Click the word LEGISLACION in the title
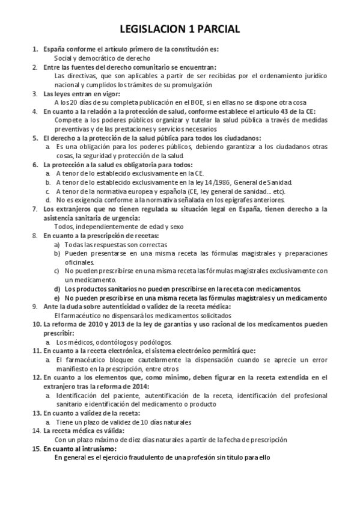[x=154, y=29]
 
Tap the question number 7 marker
[x=35, y=209]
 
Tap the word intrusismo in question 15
[x=97, y=449]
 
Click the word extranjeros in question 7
[x=64, y=209]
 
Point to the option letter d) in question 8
[x=57, y=289]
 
